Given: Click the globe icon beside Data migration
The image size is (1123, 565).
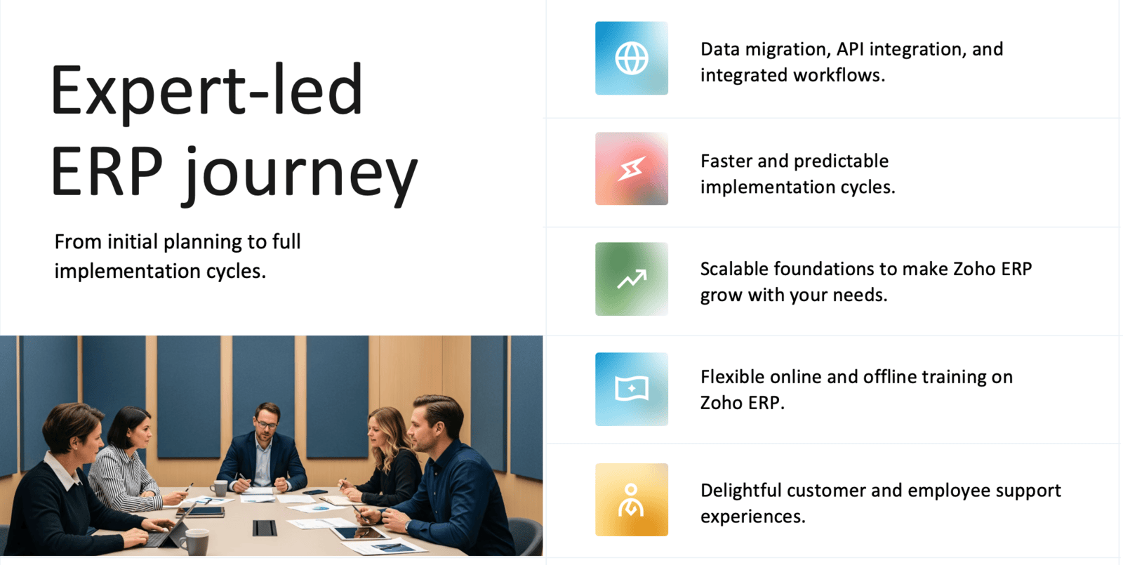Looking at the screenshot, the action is click(x=631, y=58).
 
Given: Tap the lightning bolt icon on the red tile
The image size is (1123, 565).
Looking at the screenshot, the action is click(x=631, y=168).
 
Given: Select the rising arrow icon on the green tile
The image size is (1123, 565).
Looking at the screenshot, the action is click(x=632, y=279).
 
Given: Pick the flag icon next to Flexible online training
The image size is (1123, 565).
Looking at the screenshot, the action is click(x=632, y=389).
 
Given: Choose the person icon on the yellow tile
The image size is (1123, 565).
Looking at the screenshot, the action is click(x=631, y=500).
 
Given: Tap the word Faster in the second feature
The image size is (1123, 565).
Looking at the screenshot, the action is click(x=726, y=161).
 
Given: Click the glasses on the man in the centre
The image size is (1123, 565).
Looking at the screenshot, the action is click(x=266, y=425).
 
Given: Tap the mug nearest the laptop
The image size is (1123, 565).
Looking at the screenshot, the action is click(x=194, y=543).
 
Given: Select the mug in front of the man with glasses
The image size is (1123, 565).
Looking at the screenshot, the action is click(x=218, y=488).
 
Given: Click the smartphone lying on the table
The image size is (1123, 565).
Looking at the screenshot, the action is click(x=315, y=492).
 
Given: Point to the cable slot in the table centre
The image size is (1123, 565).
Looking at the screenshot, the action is click(x=264, y=528).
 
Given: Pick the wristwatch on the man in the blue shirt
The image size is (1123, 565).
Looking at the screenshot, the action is click(x=408, y=526).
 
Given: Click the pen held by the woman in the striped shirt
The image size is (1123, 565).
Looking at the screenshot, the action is click(x=189, y=487).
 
